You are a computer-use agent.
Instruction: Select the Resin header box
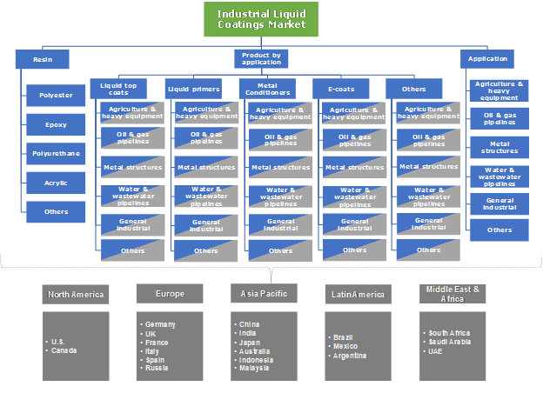coord(42,59)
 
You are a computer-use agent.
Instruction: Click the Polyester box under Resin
coord(56,96)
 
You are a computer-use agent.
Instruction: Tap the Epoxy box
coord(56,124)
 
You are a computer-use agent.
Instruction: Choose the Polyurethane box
coord(56,153)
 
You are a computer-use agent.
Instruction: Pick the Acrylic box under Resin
coord(56,182)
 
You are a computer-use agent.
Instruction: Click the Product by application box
coord(261,59)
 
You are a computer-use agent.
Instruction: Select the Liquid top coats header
coord(118,88)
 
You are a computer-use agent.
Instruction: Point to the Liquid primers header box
coord(193,88)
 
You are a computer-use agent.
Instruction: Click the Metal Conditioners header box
coord(267,88)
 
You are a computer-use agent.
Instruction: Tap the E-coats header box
coord(341,88)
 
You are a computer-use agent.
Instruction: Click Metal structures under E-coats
coord(354,167)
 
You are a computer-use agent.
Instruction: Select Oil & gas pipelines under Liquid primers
coord(206,138)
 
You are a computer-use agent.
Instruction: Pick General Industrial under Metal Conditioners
coord(280,224)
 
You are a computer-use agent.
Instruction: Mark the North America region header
coord(75,294)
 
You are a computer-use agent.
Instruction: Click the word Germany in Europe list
coord(161,324)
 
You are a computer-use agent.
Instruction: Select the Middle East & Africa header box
coord(452,294)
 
